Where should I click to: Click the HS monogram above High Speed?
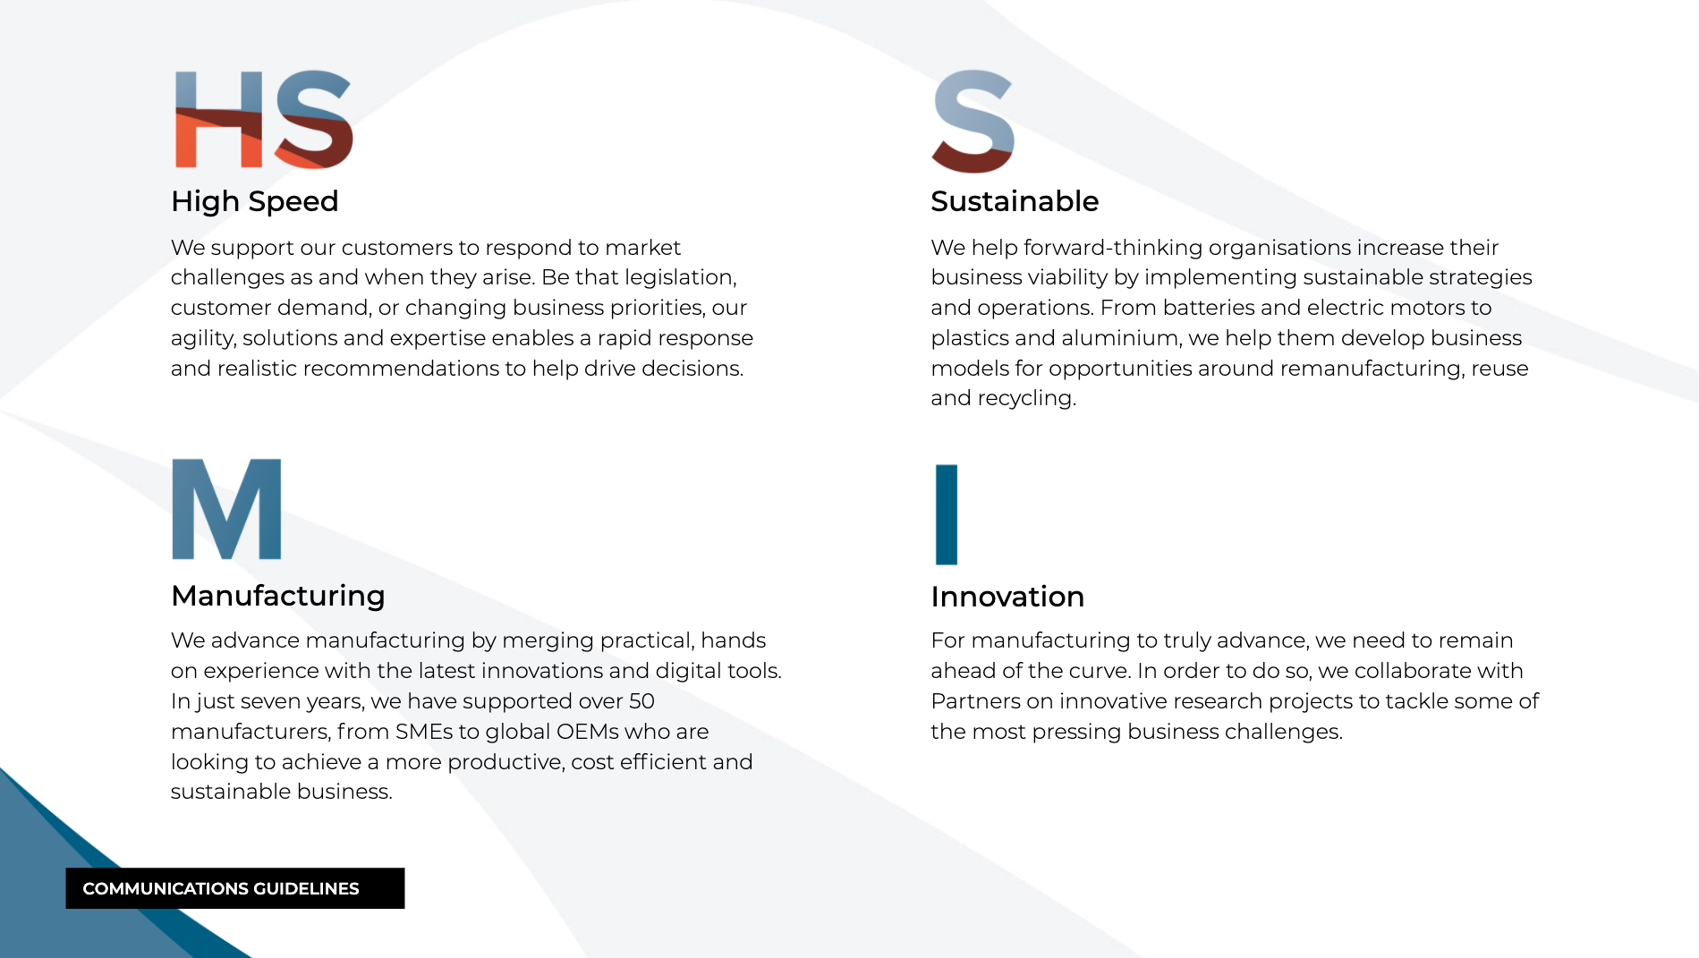click(264, 119)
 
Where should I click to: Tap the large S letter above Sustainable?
click(973, 121)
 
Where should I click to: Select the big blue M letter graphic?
click(226, 509)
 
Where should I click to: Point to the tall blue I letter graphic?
click(947, 514)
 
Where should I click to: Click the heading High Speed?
click(255, 202)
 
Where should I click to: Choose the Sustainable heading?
click(1015, 201)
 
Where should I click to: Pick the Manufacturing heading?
click(278, 597)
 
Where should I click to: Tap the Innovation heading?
click(1007, 597)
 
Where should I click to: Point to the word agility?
click(203, 339)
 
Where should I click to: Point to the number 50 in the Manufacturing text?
click(641, 701)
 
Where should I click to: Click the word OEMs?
click(587, 732)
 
